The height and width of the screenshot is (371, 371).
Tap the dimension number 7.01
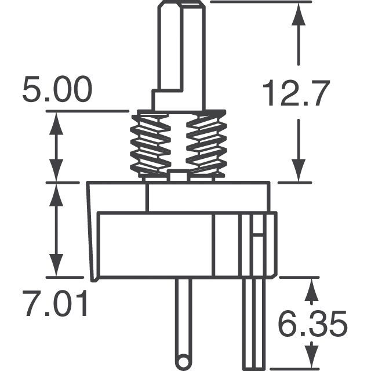click(x=56, y=305)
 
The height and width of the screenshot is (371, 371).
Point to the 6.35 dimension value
click(x=312, y=324)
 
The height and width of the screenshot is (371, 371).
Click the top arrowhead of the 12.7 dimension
click(x=298, y=14)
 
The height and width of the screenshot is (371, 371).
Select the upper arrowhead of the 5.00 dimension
click(x=56, y=123)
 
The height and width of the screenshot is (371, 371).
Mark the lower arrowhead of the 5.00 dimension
click(x=56, y=171)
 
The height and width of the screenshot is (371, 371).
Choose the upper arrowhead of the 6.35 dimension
click(x=312, y=289)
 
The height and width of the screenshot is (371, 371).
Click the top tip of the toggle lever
click(x=179, y=5)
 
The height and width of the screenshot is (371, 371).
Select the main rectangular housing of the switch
click(x=174, y=243)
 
